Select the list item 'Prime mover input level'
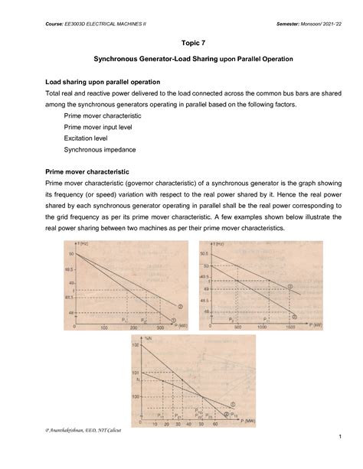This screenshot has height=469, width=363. click(96, 128)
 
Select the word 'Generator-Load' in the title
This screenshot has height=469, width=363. click(170, 59)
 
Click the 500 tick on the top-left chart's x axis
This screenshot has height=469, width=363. click(159, 327)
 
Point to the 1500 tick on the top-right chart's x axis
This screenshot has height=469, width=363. click(290, 327)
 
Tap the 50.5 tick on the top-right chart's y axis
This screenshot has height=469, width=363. click(204, 253)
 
